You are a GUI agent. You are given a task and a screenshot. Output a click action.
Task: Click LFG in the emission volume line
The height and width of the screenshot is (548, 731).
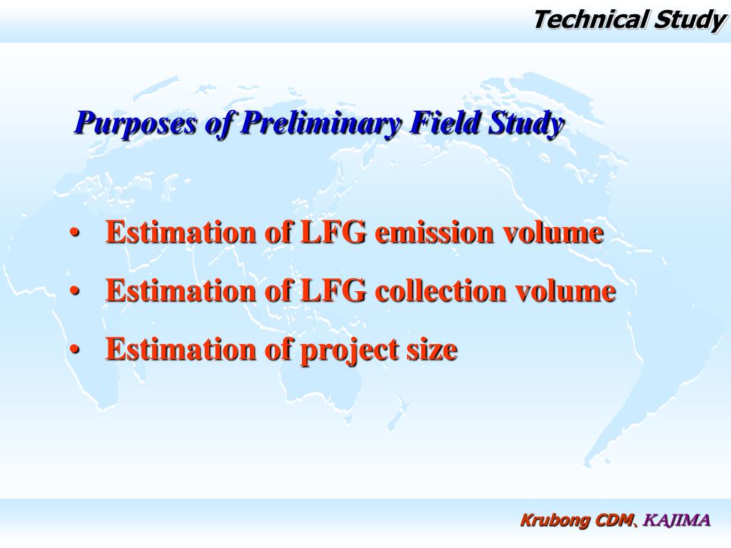333,233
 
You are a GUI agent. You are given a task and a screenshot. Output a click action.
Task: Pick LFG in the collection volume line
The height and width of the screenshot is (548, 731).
333,291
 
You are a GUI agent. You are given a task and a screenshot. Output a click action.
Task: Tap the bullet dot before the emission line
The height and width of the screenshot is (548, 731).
76,234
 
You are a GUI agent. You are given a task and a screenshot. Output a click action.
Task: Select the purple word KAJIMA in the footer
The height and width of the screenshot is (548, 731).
677,520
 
